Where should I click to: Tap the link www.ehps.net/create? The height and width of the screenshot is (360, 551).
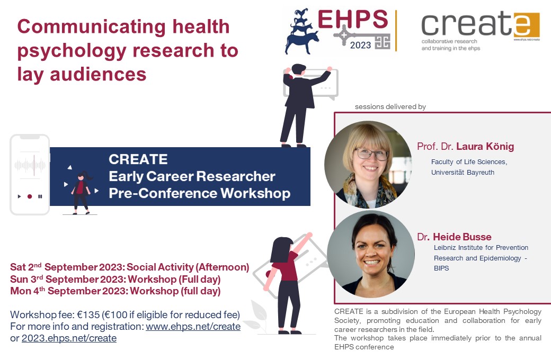(193, 327)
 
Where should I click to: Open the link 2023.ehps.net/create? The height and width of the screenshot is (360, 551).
(69, 338)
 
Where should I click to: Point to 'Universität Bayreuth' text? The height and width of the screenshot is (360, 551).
(463, 173)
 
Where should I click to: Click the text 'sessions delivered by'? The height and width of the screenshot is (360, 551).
(390, 107)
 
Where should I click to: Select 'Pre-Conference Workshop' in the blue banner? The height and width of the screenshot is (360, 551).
(199, 193)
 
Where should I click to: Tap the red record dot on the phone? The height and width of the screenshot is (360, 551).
(30, 196)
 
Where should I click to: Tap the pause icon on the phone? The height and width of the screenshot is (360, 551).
(40, 196)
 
